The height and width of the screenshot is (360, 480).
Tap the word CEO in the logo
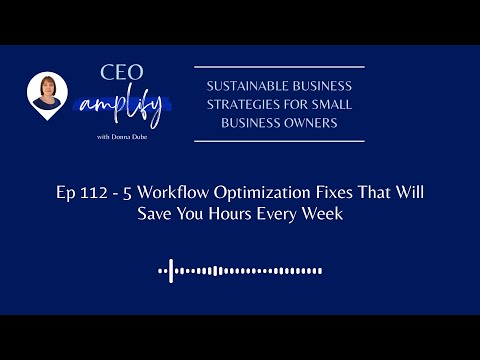[121, 71]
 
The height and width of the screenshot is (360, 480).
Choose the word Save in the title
[157, 216]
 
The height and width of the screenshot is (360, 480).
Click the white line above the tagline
[279, 67]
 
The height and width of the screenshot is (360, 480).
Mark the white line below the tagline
[279, 141]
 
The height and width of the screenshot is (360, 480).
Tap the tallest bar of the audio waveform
[172, 269]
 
